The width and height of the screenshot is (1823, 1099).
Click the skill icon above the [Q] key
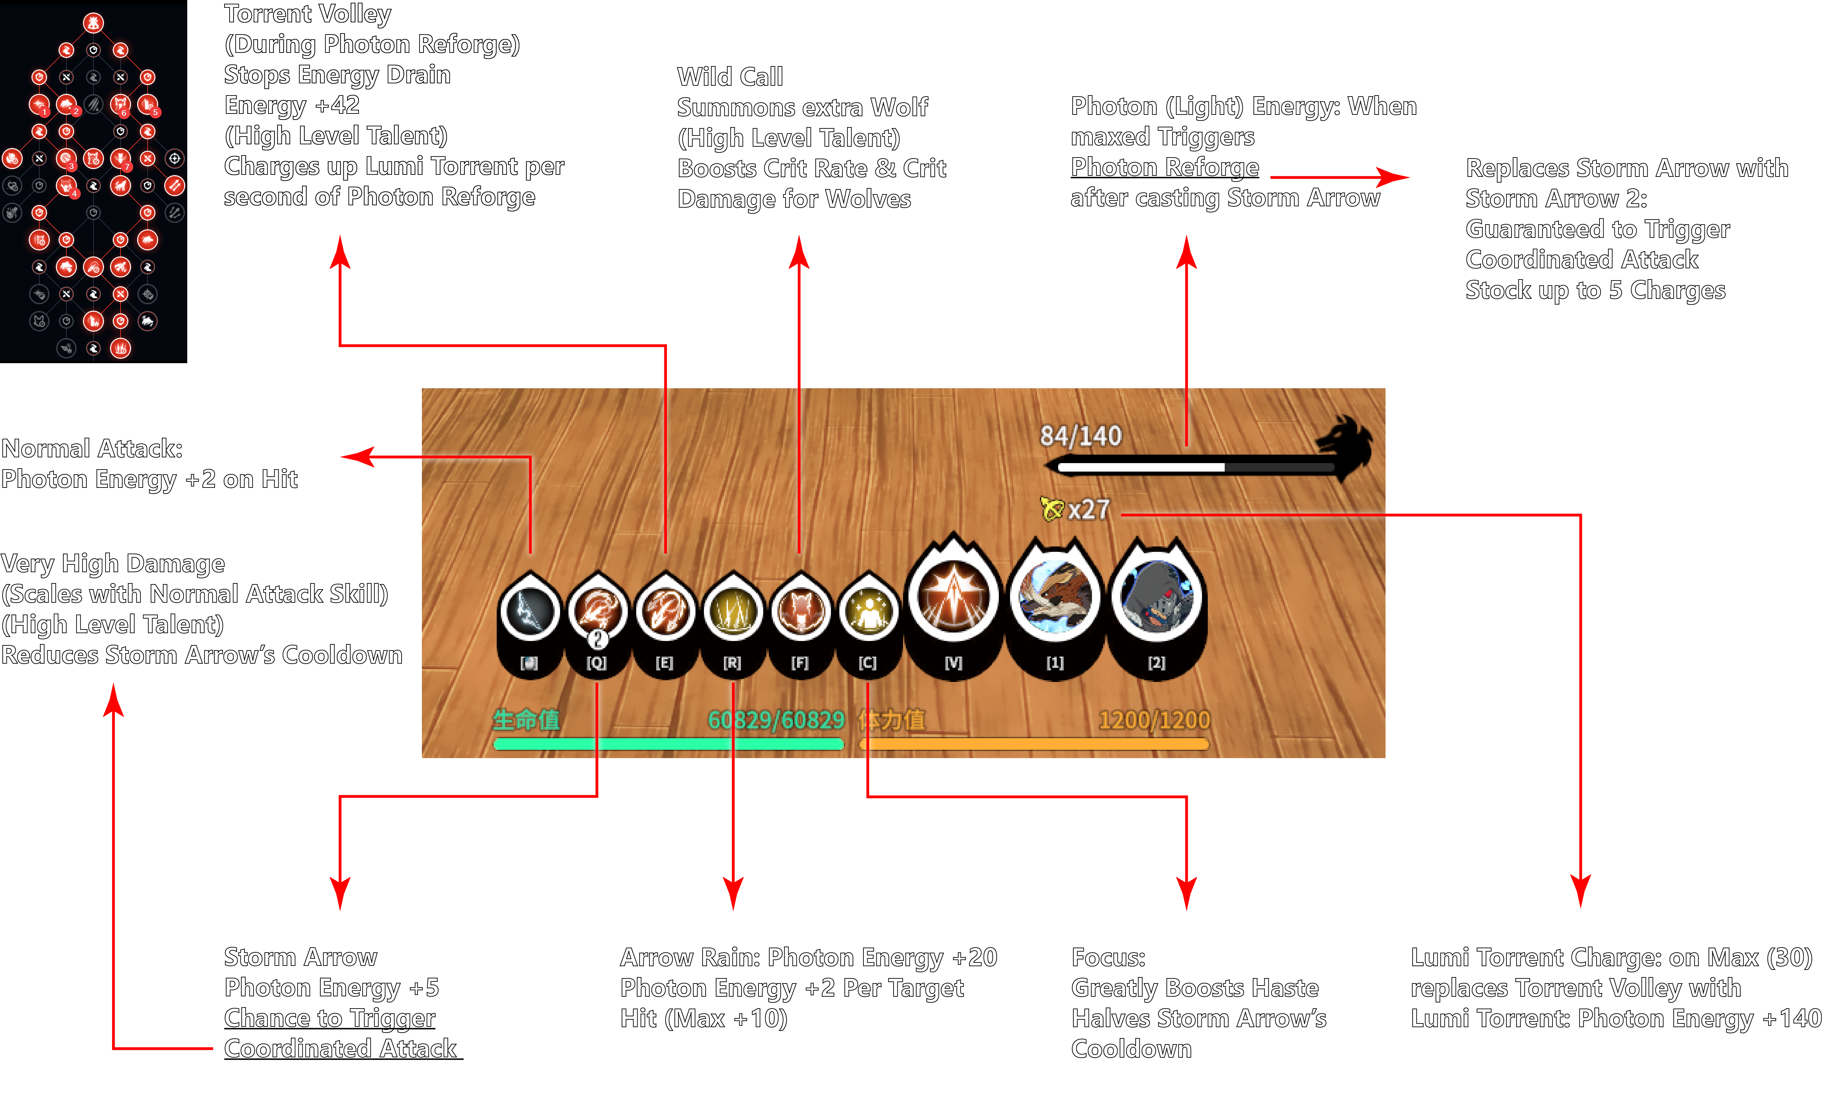click(x=597, y=611)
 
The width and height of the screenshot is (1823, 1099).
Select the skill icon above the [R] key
click(x=732, y=611)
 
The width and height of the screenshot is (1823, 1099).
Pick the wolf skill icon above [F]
click(x=800, y=611)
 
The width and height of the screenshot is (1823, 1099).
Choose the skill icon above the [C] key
click(x=868, y=611)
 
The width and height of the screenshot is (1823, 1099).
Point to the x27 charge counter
click(x=1088, y=509)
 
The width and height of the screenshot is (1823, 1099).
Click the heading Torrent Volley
click(x=307, y=13)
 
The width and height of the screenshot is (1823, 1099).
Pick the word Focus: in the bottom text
click(x=1108, y=957)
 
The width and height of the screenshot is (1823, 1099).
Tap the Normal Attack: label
click(x=92, y=449)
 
